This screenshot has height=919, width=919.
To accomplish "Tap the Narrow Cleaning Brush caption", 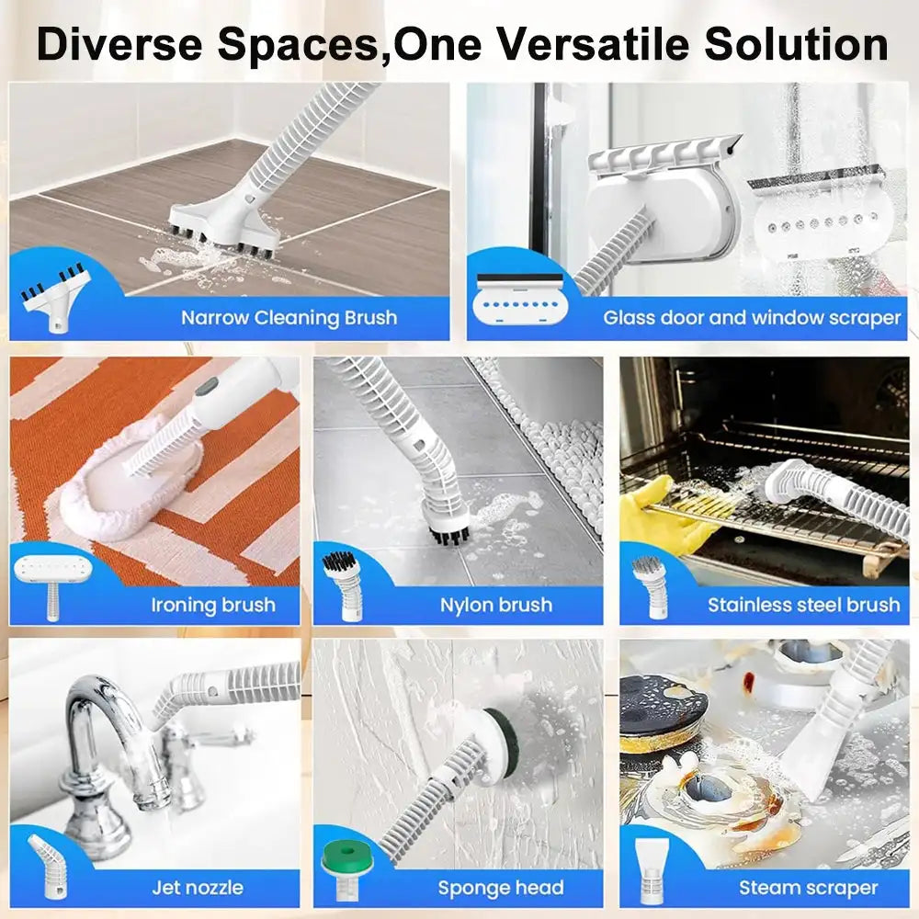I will click(x=289, y=318).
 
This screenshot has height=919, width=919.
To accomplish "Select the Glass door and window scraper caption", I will click(x=752, y=318).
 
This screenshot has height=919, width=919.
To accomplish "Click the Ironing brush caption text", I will click(x=212, y=605).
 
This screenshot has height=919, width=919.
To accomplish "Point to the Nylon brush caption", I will click(x=495, y=605).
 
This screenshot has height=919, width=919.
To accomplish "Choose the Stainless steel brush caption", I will click(x=803, y=605).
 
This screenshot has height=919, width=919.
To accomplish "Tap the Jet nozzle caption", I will click(x=198, y=887).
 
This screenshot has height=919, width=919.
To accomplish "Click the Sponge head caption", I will click(x=500, y=888).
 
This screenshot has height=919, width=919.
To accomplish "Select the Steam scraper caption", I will click(x=808, y=888).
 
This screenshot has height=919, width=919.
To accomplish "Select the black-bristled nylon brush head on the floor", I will click(x=448, y=525).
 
